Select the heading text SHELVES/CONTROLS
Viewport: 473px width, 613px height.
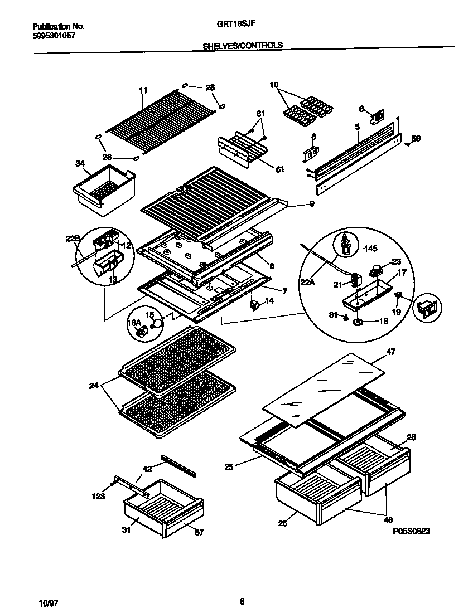coord(242,46)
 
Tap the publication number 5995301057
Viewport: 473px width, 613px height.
coord(54,36)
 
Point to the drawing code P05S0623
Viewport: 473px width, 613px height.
coord(411,531)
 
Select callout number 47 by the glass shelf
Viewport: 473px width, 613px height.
coord(390,352)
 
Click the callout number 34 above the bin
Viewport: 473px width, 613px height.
coord(80,163)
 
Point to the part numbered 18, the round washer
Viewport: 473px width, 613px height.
coord(358,322)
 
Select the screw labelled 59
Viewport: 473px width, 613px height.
coord(408,144)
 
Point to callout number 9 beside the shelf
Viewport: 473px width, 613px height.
coord(311,204)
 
